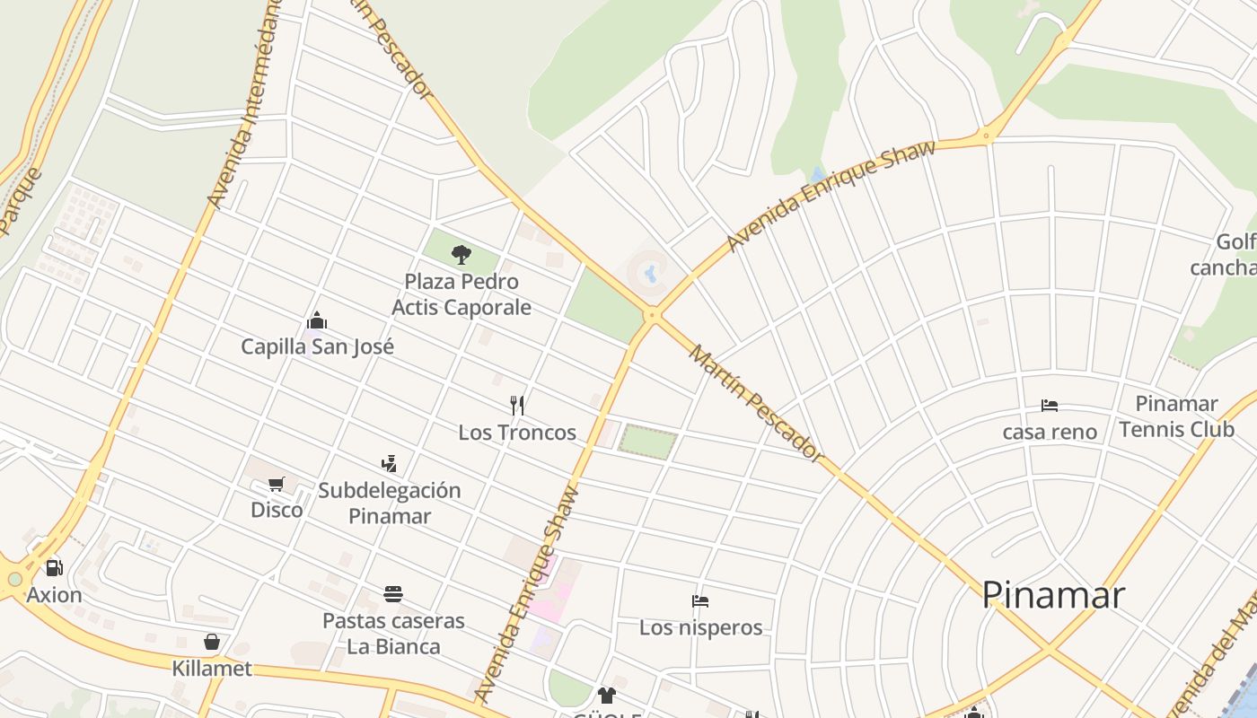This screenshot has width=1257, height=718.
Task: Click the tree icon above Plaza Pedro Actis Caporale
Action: coord(461,255)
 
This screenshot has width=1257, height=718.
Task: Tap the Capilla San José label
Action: coord(317,346)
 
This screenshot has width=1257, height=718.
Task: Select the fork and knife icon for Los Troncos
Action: coord(517,406)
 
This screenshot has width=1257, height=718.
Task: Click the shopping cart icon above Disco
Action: coord(277,485)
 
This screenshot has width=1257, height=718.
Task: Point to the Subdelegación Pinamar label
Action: coord(389,503)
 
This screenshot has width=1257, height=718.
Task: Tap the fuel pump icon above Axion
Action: coord(54,568)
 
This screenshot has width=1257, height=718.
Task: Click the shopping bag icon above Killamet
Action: coord(212,642)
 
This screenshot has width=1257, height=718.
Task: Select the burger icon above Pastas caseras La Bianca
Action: coord(392,594)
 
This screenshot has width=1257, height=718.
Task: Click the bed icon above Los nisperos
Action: coord(700,601)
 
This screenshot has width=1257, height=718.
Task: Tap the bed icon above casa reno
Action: coord(1050,406)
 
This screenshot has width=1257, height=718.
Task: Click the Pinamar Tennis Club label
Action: coord(1176,416)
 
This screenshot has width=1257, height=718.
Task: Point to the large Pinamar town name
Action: coord(1052,595)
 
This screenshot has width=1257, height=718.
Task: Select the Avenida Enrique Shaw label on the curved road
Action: coord(831,196)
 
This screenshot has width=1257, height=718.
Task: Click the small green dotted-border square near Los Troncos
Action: coord(647,442)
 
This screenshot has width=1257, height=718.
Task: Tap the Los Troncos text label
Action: coord(517,433)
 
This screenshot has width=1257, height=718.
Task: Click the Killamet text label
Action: coord(212,670)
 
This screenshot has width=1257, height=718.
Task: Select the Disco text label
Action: coord(277,510)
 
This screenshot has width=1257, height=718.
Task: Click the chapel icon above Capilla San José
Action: coord(317,321)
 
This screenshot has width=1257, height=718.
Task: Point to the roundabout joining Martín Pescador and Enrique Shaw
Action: coord(653,315)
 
